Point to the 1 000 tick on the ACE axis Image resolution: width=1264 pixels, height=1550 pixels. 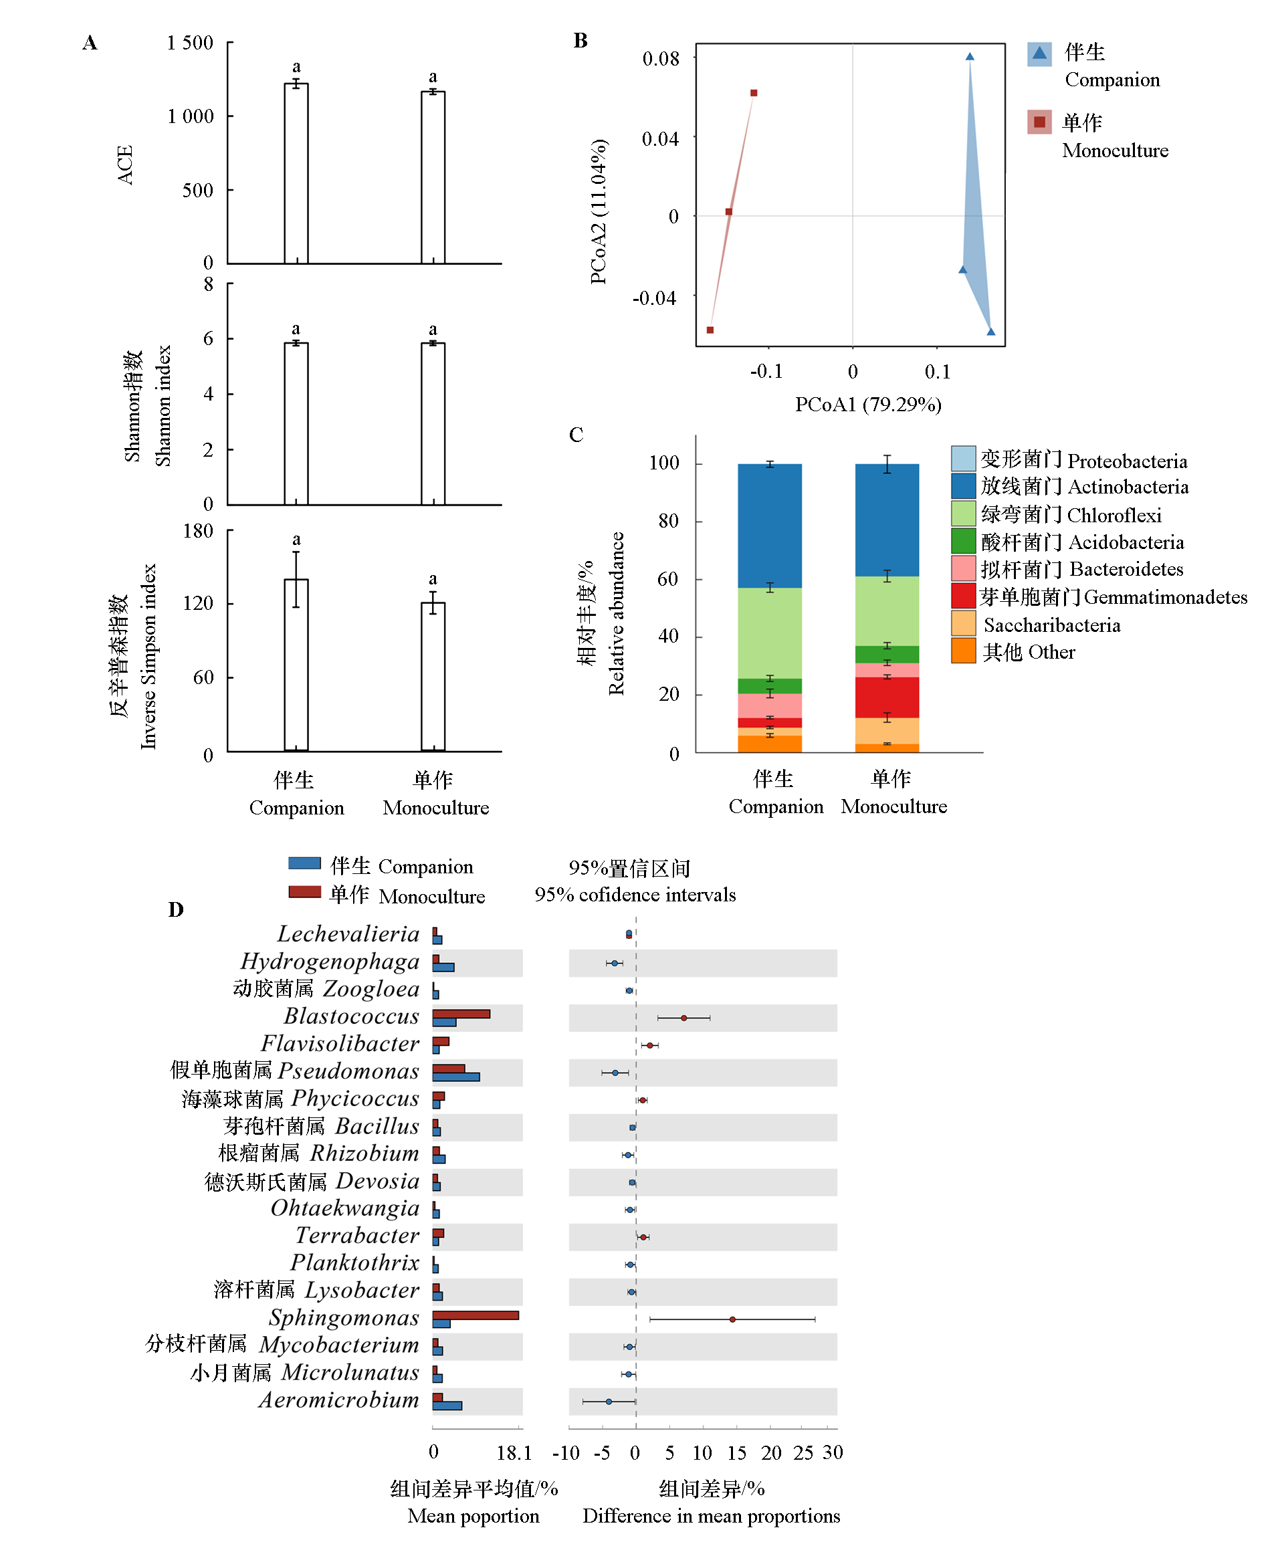pos(190,116)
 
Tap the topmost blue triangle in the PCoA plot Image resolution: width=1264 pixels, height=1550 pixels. pos(969,57)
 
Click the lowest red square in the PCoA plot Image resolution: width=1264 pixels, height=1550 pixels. pos(710,330)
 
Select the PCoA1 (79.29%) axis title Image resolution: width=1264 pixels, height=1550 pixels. pos(868,404)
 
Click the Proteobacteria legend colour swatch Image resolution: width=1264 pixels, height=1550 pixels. pos(962,459)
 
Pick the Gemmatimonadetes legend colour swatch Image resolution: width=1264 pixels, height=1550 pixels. pos(962,596)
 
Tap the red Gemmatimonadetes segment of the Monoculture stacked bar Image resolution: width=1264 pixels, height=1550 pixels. pos(886,697)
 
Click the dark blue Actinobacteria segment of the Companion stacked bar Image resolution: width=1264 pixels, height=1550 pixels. pos(770,526)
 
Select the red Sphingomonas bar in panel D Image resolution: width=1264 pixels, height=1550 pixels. pos(475,1315)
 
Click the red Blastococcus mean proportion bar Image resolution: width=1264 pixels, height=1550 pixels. pos(461,1014)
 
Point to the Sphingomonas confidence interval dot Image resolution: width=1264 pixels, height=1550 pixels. pos(732,1319)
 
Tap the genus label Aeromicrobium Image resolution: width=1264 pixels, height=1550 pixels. pos(338,1400)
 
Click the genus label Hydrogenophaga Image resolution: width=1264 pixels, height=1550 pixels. pos(330,961)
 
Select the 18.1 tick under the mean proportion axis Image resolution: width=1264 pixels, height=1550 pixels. pos(514,1452)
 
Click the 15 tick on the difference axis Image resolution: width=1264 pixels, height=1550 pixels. pos(736,1452)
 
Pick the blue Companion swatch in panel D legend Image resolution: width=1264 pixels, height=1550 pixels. pos(304,863)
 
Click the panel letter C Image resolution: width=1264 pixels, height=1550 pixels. pos(575,435)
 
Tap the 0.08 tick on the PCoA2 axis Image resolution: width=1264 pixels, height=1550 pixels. pos(660,59)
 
